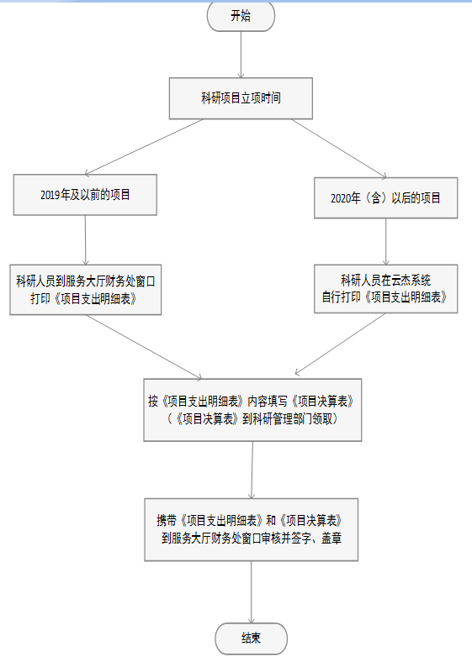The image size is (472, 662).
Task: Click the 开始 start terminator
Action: pyautogui.click(x=241, y=16)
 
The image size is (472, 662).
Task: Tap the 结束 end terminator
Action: pyautogui.click(x=252, y=638)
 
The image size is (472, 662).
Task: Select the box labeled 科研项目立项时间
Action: pyautogui.click(x=241, y=98)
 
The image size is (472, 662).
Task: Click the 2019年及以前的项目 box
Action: pyautogui.click(x=85, y=195)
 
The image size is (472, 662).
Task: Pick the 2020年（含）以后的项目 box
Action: pyautogui.click(x=385, y=197)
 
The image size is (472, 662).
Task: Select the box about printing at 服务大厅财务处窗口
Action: pyautogui.click(x=86, y=290)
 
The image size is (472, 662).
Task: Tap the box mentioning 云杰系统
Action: pyautogui.click(x=385, y=289)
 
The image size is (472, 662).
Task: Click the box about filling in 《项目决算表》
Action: pyautogui.click(x=252, y=410)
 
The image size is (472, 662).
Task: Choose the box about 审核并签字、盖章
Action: pyautogui.click(x=252, y=529)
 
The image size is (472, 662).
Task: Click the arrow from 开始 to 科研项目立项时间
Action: pyautogui.click(x=241, y=55)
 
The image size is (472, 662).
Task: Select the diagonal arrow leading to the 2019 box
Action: pyautogui.click(x=144, y=147)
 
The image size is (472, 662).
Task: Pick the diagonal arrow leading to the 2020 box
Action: pyautogui.click(x=339, y=149)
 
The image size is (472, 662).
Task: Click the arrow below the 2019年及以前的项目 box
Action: pyautogui.click(x=86, y=240)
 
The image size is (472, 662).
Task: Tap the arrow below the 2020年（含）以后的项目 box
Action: pyautogui.click(x=385, y=241)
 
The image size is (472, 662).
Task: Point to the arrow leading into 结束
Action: pyautogui.click(x=252, y=592)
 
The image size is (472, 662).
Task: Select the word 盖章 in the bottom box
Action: pyautogui.click(x=331, y=539)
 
